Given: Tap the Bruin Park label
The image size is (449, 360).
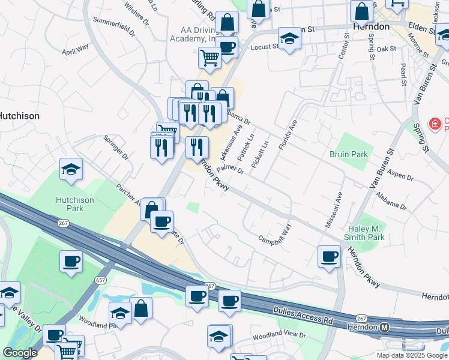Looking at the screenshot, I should [x=349, y=154].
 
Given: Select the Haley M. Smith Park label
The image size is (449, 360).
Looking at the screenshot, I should [x=375, y=233].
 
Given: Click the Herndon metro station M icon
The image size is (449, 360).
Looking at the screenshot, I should [x=385, y=327].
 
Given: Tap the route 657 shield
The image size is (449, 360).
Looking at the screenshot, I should [x=101, y=280].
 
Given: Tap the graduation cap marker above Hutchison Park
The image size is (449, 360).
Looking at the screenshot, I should [x=71, y=170].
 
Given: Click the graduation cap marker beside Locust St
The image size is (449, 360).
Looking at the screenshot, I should [x=289, y=40].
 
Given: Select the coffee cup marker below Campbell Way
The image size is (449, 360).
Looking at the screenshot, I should [x=329, y=257].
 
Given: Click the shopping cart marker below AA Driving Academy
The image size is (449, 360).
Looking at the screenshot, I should [x=209, y=58].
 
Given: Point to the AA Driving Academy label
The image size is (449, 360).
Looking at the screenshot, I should [x=198, y=34].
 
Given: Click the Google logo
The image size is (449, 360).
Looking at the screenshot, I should [x=19, y=353].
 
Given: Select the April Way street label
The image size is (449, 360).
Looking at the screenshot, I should [x=75, y=49].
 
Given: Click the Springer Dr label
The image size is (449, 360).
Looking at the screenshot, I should [x=116, y=147].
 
